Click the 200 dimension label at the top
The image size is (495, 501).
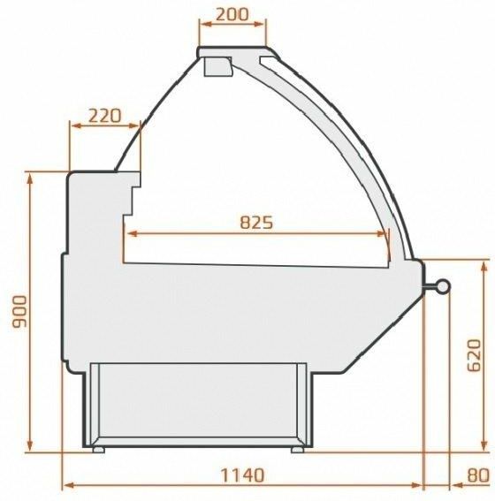tap(232, 16)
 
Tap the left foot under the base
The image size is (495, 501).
tap(98, 449)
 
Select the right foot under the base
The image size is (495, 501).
tap(298, 449)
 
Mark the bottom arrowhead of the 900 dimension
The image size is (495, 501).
tap(33, 448)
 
